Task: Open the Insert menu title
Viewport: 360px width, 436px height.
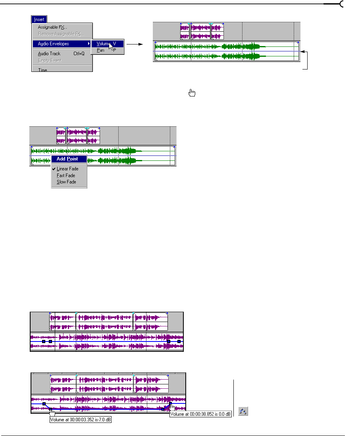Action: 39,19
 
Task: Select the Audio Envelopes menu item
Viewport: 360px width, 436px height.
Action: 54,44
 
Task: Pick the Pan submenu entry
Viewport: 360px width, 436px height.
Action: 101,50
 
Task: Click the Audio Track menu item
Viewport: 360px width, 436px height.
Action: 49,54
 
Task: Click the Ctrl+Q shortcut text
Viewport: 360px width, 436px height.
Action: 79,54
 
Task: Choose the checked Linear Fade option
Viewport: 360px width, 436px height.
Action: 67,169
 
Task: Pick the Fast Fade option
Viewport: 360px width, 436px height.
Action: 66,175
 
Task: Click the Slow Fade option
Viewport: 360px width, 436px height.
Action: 66,182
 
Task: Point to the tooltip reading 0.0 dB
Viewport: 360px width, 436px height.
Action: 201,415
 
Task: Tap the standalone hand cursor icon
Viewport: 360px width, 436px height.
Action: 192,93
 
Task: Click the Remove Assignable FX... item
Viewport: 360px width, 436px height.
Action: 61,34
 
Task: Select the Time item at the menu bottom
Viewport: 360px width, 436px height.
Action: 42,70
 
